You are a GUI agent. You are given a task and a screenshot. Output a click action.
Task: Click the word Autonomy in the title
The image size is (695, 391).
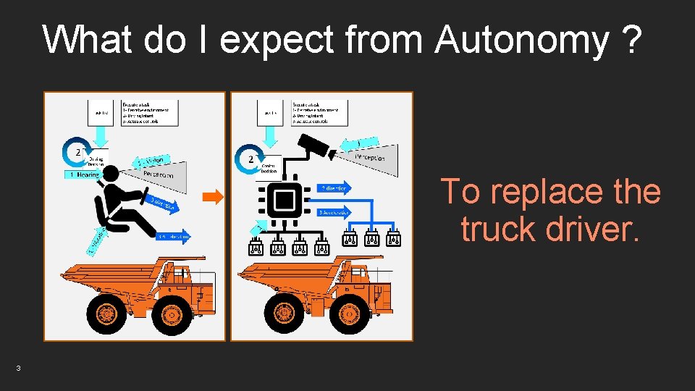(x=521, y=41)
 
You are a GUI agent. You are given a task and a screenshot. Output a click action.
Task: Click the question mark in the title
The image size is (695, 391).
(x=631, y=41)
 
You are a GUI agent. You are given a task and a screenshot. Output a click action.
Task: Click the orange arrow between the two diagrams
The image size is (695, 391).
(x=211, y=196)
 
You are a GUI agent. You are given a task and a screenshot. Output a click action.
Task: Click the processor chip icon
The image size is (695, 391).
(x=285, y=199)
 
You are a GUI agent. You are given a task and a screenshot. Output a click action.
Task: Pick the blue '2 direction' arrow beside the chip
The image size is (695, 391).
(x=334, y=188)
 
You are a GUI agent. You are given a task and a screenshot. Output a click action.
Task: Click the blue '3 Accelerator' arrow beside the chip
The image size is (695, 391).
(x=334, y=212)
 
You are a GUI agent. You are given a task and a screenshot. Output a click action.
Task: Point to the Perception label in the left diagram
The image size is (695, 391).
(x=159, y=174)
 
